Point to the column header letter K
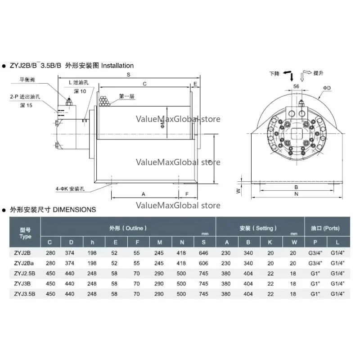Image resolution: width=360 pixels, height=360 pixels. point(270,243)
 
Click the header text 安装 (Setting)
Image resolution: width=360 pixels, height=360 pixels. point(260,228)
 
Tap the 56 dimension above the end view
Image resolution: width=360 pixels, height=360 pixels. point(296,85)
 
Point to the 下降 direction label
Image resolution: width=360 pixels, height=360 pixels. point(274,73)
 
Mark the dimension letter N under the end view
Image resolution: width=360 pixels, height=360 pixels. point(296,194)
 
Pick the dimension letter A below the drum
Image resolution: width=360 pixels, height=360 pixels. point(143,194)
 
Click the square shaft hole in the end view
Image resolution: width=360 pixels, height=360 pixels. point(296,133)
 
